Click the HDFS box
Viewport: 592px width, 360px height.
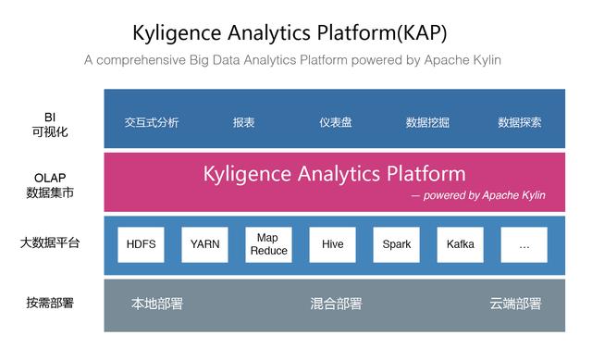coord(141,244)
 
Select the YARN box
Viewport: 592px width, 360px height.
coord(204,244)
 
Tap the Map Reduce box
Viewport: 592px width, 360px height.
coord(268,244)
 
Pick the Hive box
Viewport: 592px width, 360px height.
coord(332,244)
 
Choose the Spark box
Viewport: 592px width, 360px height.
coord(396,244)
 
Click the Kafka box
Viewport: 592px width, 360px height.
coord(460,244)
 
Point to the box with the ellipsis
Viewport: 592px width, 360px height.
coord(524,244)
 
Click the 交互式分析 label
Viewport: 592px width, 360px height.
coord(152,122)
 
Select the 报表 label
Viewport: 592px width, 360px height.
coord(244,122)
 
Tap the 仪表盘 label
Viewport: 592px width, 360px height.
coord(335,122)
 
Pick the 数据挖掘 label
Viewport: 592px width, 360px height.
coord(428,122)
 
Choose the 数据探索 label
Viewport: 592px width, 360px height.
coord(520,122)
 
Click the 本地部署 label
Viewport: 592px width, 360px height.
coord(157,304)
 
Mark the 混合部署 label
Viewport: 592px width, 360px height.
coord(336,304)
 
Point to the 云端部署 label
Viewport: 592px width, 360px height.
coord(515,304)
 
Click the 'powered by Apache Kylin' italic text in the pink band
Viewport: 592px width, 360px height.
coord(484,195)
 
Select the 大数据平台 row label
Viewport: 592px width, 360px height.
coord(50,243)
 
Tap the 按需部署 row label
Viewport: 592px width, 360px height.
coord(50,303)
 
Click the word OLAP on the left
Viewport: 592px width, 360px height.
coord(50,178)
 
